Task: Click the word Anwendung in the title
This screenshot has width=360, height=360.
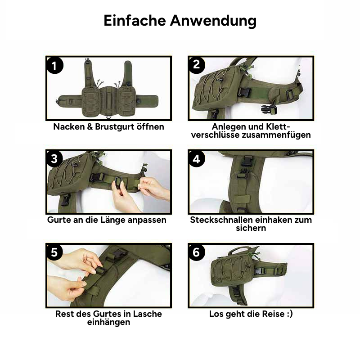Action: (213, 21)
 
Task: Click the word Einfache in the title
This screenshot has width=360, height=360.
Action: (135, 20)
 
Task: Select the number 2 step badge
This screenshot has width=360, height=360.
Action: (197, 65)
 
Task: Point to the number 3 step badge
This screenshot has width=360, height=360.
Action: (54, 159)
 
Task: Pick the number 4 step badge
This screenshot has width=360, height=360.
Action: (197, 159)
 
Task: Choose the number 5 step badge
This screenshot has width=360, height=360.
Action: (54, 252)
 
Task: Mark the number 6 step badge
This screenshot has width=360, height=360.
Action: (197, 252)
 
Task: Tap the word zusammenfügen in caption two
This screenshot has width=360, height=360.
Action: (276, 135)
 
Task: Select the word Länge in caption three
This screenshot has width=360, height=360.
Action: (113, 220)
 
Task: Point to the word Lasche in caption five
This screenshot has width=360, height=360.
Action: (148, 314)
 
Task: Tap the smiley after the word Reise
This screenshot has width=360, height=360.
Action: (290, 314)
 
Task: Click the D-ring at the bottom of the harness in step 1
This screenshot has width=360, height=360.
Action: (109, 117)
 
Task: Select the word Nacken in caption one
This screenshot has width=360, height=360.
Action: (69, 127)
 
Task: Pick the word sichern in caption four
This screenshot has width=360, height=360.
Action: (251, 228)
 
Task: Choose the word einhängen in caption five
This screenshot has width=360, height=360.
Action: (108, 322)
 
